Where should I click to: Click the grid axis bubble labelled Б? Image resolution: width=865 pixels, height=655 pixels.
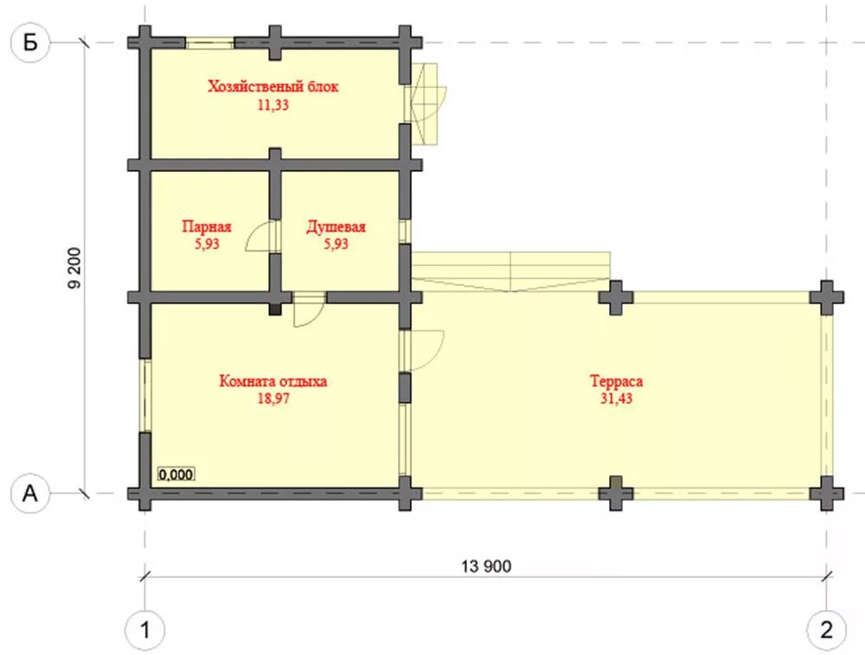[30, 42]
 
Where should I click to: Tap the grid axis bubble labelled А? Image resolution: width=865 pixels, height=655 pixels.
[30, 493]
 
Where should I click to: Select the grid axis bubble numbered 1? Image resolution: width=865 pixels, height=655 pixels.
[145, 630]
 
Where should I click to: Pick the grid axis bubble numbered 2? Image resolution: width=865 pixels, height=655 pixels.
[826, 630]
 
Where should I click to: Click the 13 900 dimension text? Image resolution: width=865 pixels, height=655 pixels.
[486, 566]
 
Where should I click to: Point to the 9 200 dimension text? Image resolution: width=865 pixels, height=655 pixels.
[74, 268]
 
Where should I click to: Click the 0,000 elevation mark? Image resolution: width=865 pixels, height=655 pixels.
[176, 474]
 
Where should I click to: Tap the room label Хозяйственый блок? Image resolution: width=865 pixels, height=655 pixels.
[273, 86]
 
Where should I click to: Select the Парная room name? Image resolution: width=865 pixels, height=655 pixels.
[207, 227]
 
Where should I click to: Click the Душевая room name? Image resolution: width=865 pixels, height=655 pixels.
[336, 227]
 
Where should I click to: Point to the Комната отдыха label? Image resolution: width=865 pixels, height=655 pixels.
[273, 381]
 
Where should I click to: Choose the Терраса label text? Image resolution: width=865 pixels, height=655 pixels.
[616, 381]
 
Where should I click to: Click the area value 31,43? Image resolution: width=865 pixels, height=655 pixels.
[616, 398]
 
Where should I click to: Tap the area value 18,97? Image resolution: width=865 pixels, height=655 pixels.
[273, 398]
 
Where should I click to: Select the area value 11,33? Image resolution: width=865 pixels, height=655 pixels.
[273, 105]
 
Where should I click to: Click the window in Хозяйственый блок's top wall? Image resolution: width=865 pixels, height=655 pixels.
[209, 42]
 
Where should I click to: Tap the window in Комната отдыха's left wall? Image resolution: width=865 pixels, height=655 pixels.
[145, 396]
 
